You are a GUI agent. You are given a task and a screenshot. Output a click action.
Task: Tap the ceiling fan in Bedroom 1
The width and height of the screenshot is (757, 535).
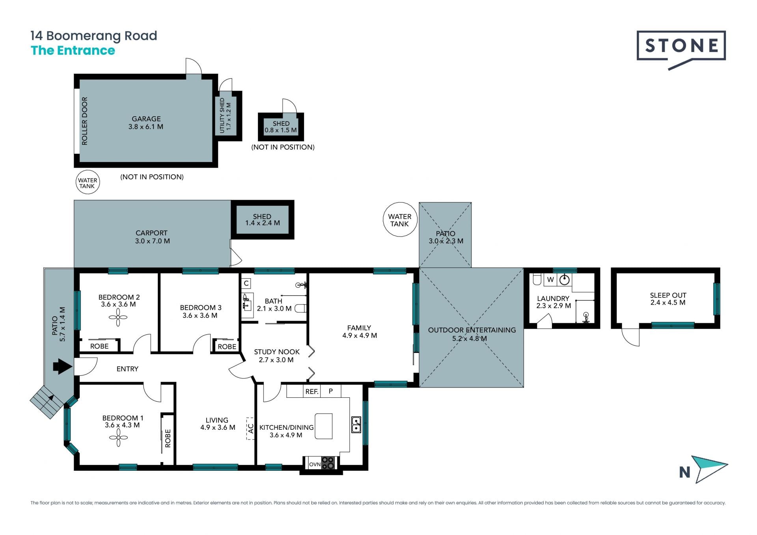(x=118, y=438)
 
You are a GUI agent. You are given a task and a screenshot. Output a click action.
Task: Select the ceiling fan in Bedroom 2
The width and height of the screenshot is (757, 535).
(x=118, y=317)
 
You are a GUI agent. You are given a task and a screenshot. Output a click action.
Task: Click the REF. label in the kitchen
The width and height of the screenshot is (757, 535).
(x=312, y=391)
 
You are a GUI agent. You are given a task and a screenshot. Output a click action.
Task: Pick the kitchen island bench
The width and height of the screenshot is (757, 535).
(x=323, y=426)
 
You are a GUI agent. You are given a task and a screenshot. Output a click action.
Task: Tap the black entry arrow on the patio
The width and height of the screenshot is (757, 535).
(x=63, y=366)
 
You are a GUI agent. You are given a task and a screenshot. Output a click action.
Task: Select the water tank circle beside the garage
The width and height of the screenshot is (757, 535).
(x=88, y=182)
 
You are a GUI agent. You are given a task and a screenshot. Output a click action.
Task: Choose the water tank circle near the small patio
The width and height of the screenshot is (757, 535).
(x=400, y=220)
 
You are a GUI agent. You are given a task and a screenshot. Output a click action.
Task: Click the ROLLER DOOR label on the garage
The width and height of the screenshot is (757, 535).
(x=84, y=121)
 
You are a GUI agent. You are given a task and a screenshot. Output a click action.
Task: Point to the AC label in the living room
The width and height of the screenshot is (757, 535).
(x=250, y=428)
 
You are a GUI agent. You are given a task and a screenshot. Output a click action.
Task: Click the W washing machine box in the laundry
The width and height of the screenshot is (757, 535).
(x=550, y=280)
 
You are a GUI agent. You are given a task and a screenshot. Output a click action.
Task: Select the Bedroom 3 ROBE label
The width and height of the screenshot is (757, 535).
(x=227, y=347)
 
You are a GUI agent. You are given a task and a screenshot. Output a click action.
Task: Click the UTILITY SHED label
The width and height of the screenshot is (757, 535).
(x=222, y=115)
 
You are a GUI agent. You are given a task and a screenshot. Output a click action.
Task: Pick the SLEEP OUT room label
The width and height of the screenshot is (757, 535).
(x=668, y=295)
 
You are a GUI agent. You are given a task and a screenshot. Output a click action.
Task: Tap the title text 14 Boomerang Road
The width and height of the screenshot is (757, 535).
(x=94, y=36)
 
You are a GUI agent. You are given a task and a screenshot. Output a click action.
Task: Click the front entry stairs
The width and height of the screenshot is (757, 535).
(x=47, y=401)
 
